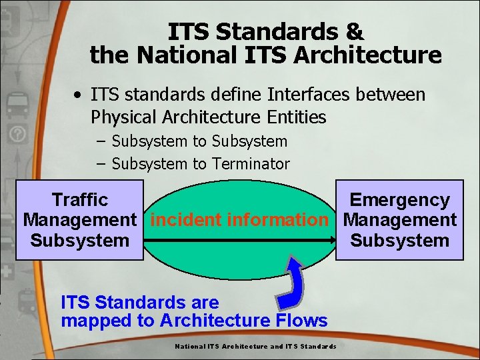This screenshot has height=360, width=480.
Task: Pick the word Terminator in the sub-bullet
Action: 251,164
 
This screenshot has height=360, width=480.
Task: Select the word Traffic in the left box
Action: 80,199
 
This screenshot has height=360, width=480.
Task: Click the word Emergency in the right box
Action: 399,199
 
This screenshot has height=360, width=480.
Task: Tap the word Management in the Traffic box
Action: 80,220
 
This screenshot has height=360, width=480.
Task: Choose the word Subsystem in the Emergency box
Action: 399,241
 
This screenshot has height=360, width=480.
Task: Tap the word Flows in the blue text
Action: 300,321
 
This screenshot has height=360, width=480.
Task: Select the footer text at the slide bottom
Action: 255,346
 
